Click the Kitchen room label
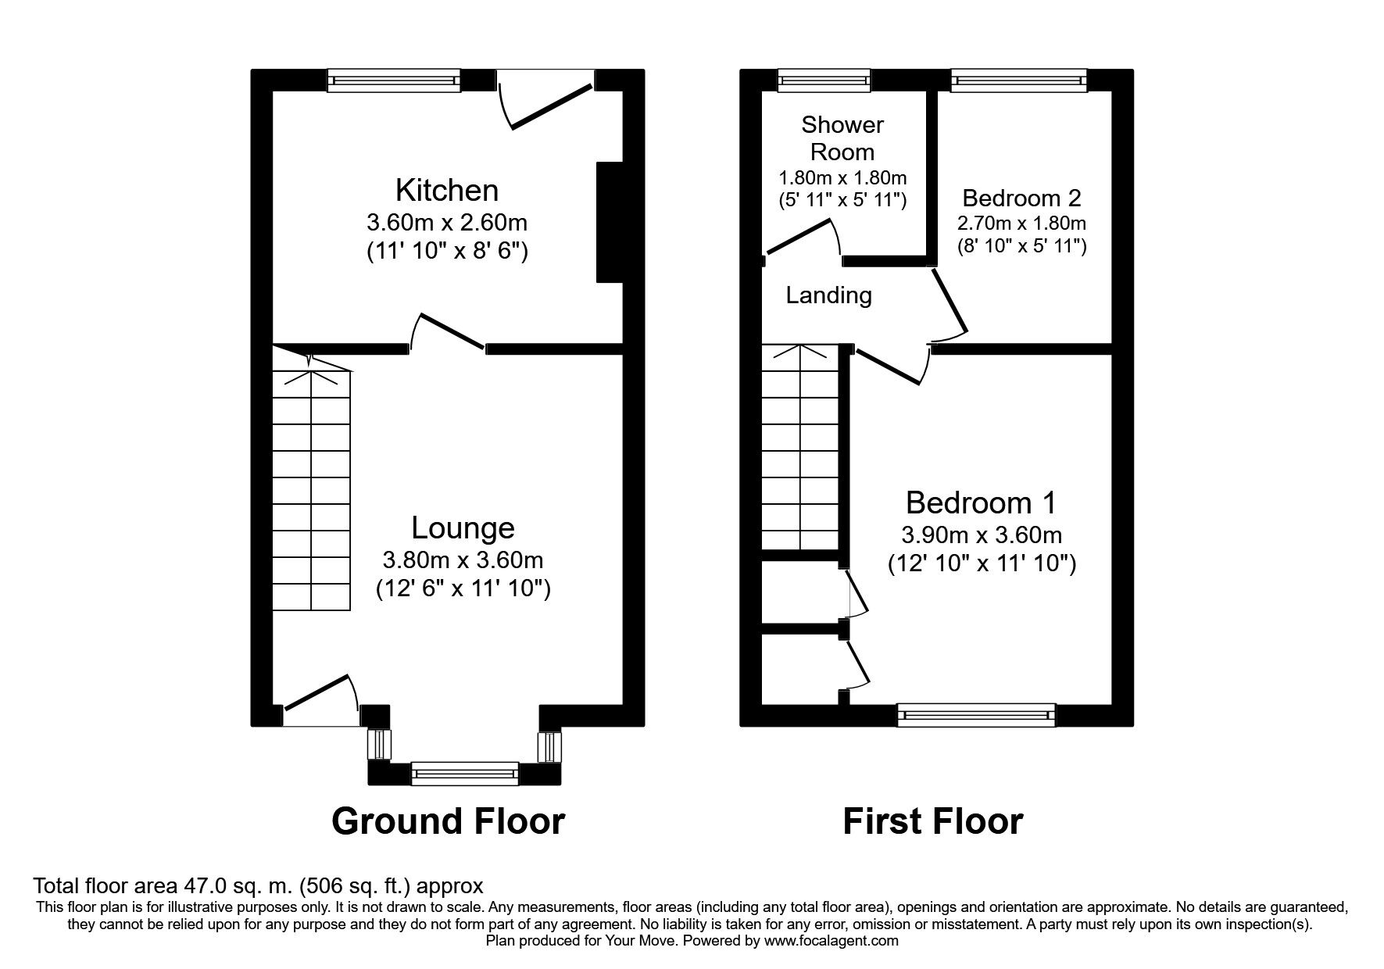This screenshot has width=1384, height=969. [446, 190]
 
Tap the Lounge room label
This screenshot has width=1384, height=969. [463, 528]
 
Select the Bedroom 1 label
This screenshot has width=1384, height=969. [981, 502]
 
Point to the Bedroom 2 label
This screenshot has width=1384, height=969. [1021, 197]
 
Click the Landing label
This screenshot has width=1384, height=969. [828, 295]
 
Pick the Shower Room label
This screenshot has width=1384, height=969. [842, 138]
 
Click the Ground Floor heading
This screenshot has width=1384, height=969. [448, 821]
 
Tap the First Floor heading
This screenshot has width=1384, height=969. [932, 821]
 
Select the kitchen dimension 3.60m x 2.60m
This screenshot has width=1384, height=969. [447, 223]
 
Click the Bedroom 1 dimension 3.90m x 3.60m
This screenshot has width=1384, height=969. [982, 535]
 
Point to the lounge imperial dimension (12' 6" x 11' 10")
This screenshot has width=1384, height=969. [463, 588]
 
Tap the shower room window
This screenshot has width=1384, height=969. [824, 80]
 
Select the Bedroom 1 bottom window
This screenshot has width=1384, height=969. [975, 714]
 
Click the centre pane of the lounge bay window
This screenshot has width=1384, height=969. [464, 773]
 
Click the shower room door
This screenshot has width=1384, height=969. [803, 238]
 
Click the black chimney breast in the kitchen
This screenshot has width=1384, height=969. [609, 222]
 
